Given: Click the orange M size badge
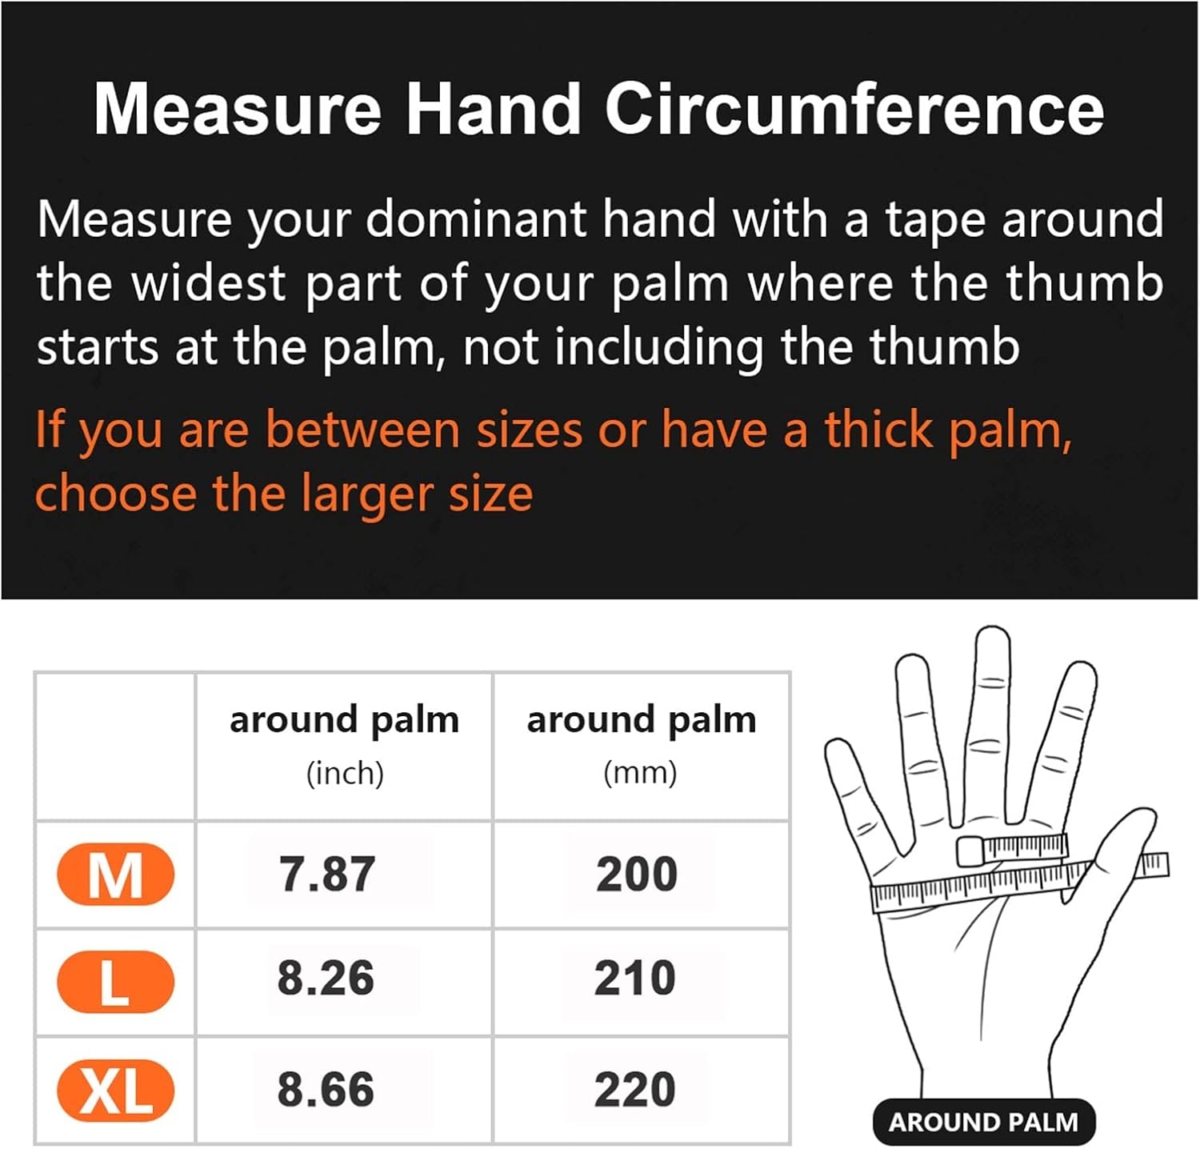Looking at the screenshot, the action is [x=115, y=874].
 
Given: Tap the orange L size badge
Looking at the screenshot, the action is [x=115, y=982].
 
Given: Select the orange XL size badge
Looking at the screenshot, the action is [x=115, y=1090].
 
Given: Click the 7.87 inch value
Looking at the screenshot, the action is [x=326, y=874].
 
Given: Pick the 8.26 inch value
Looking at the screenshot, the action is [x=326, y=978].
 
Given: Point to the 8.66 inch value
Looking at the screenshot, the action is [x=326, y=1090].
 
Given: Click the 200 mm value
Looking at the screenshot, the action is [x=637, y=874].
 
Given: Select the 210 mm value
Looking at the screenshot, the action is [x=635, y=978].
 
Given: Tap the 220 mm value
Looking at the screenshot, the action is [x=635, y=1090].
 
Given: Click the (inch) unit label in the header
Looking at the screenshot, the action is [x=345, y=773].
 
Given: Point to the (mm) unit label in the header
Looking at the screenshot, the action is [x=640, y=773].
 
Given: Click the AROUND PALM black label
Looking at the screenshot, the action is [x=983, y=1122].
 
